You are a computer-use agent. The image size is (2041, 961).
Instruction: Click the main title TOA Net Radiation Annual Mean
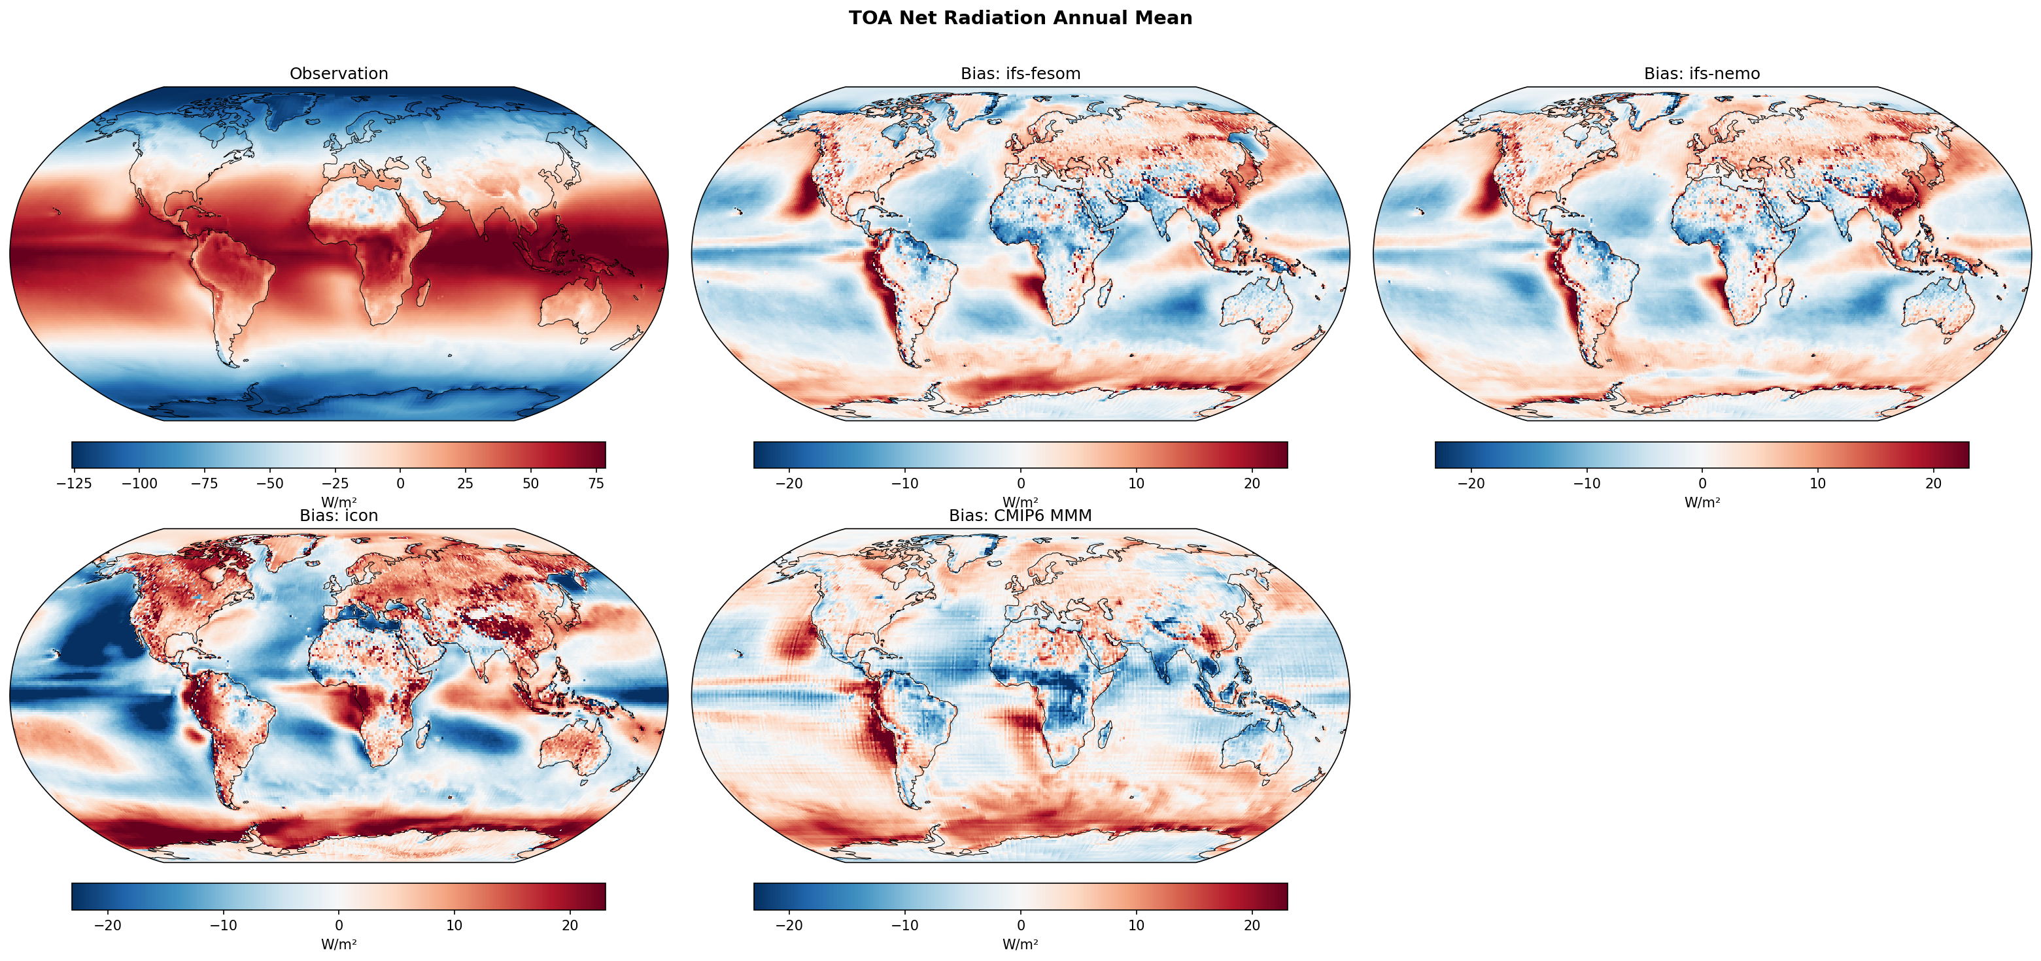point(1020,18)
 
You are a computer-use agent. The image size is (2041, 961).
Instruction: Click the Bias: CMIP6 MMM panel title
point(1020,516)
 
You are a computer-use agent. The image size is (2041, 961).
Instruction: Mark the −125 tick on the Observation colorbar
point(75,483)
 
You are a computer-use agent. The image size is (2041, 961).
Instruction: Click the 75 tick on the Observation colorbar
point(596,483)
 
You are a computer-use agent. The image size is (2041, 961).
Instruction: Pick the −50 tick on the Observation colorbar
point(270,483)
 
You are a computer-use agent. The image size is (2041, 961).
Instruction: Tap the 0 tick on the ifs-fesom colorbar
point(1020,483)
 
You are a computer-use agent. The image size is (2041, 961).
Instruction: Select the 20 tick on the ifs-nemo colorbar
point(1933,483)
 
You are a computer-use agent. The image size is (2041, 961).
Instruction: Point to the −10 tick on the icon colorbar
point(224,924)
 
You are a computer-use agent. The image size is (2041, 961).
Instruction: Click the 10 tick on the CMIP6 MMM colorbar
point(1136,924)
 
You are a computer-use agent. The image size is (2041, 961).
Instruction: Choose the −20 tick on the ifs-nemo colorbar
point(1471,483)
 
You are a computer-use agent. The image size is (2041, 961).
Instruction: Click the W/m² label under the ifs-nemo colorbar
point(1701,502)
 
